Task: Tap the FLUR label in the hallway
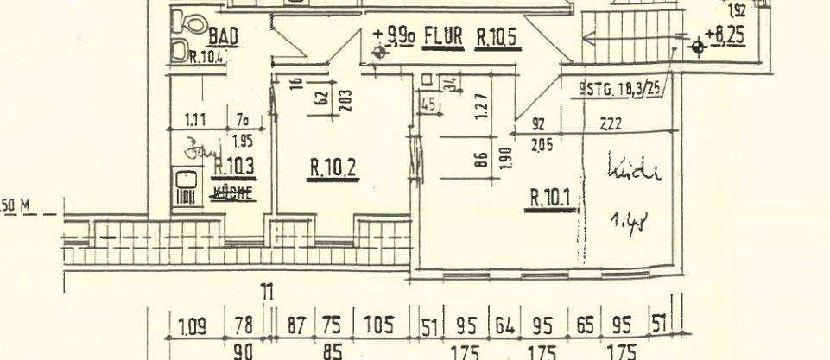pyautogui.click(x=446, y=39)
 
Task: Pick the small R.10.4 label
pyautogui.click(x=205, y=57)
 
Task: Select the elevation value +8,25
pyautogui.click(x=726, y=38)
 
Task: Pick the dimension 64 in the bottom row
pyautogui.click(x=504, y=326)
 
